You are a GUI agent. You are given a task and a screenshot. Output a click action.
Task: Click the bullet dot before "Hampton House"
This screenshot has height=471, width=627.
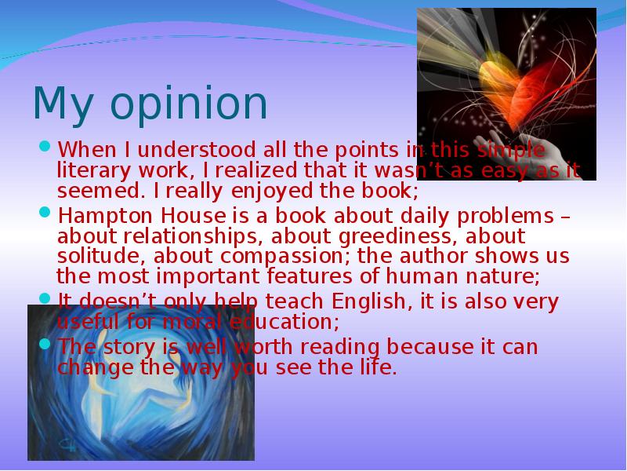coord(45,213)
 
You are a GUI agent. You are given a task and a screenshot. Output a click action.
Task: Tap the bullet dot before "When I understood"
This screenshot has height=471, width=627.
coord(45,147)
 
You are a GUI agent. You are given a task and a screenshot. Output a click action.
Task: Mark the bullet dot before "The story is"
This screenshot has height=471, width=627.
coord(45,345)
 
